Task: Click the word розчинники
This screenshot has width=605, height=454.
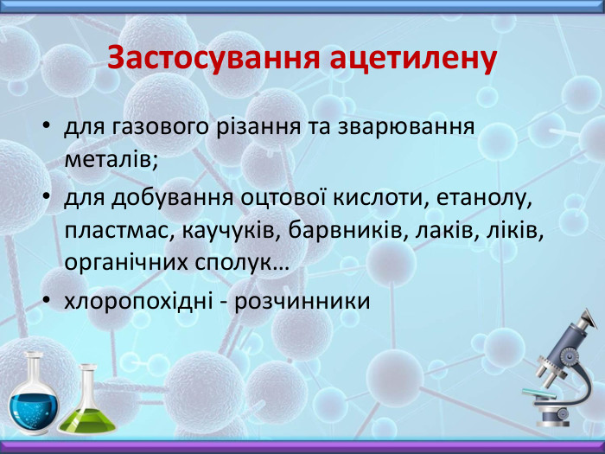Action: [303, 302]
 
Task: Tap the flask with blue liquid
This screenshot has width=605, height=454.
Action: [33, 397]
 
